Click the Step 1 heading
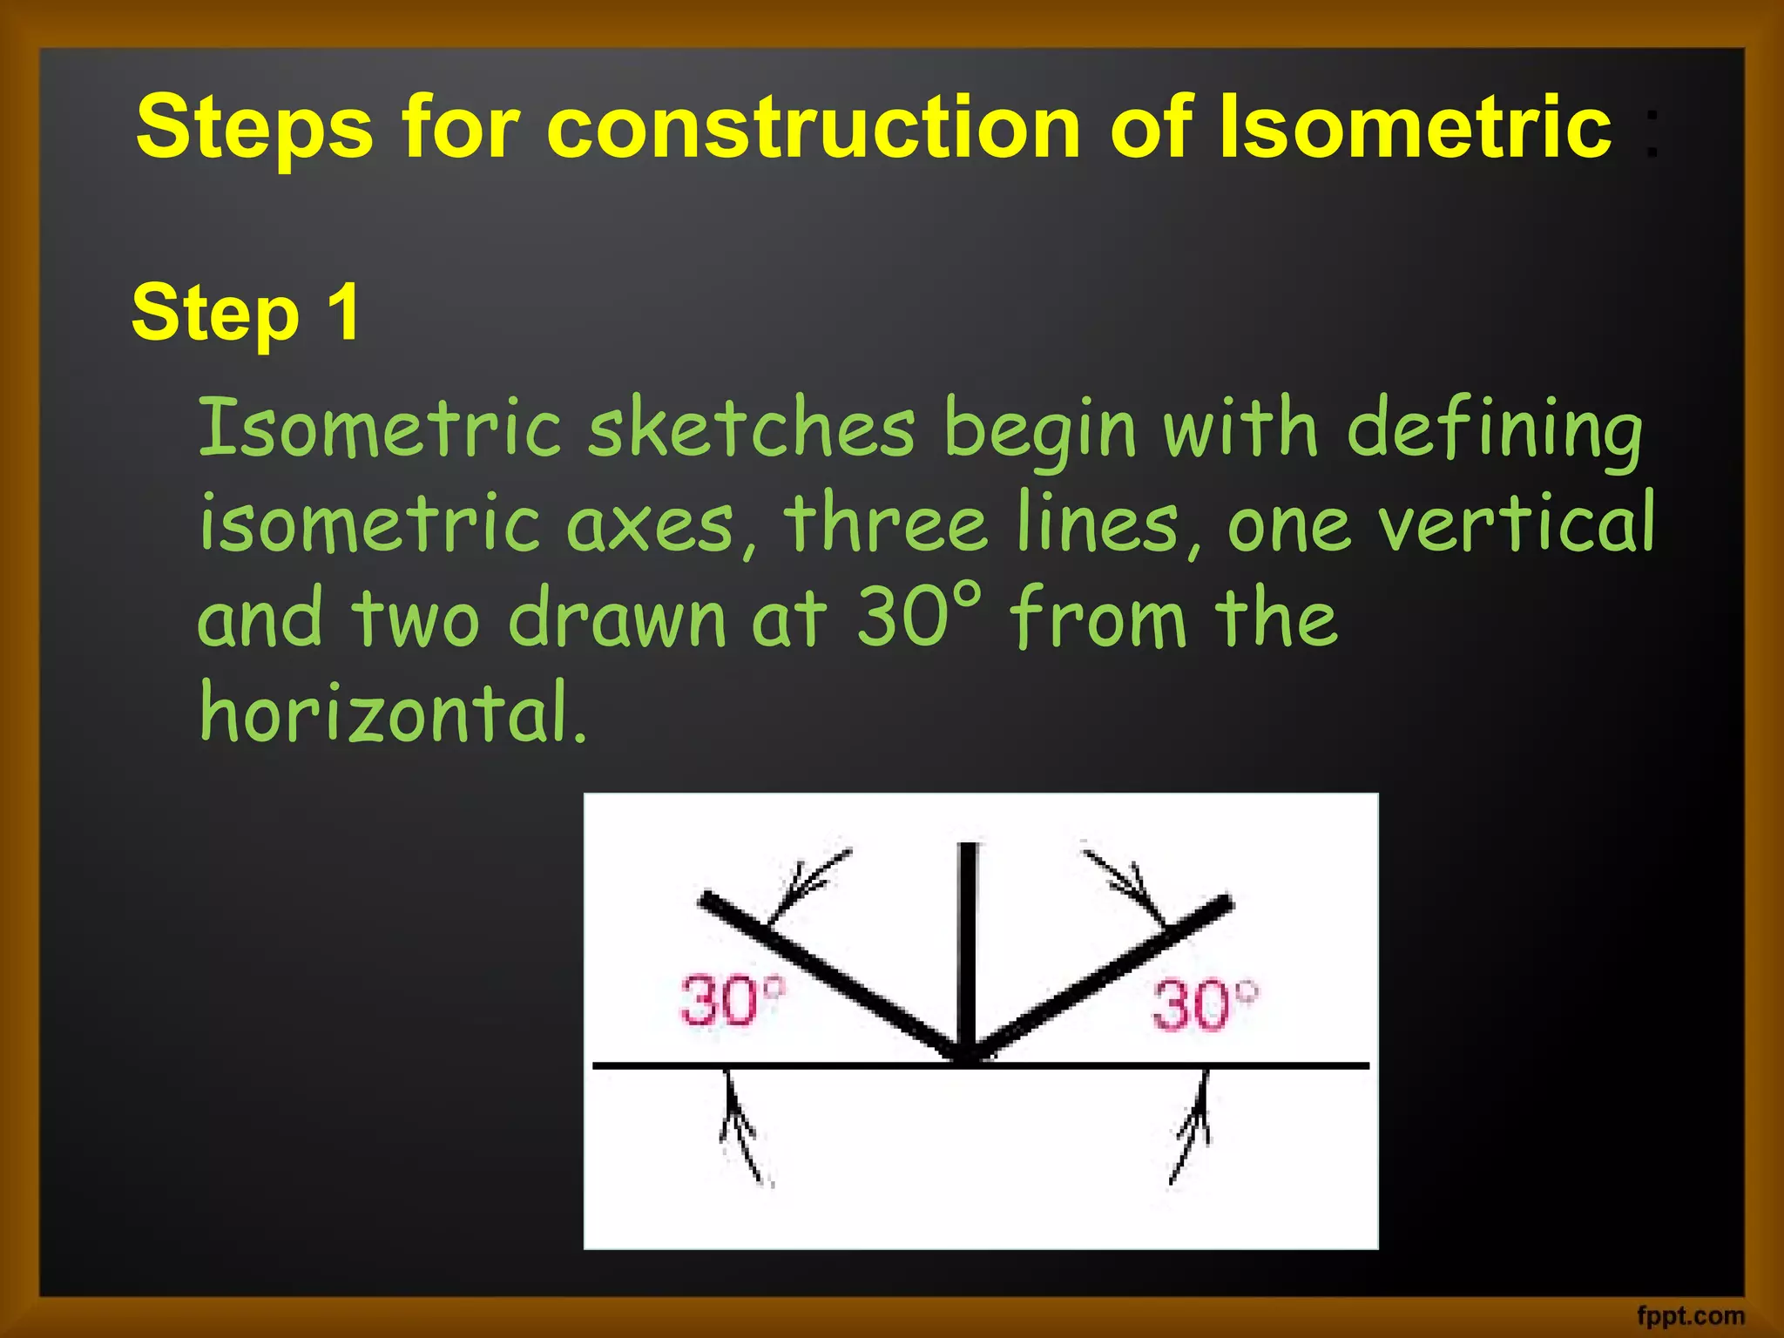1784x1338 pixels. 246,314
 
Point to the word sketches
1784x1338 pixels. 751,429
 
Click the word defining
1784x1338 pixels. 1494,429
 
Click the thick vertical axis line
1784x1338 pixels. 967,949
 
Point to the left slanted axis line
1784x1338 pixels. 828,971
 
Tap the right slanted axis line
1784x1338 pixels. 1106,976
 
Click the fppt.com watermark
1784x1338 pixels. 1690,1315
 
